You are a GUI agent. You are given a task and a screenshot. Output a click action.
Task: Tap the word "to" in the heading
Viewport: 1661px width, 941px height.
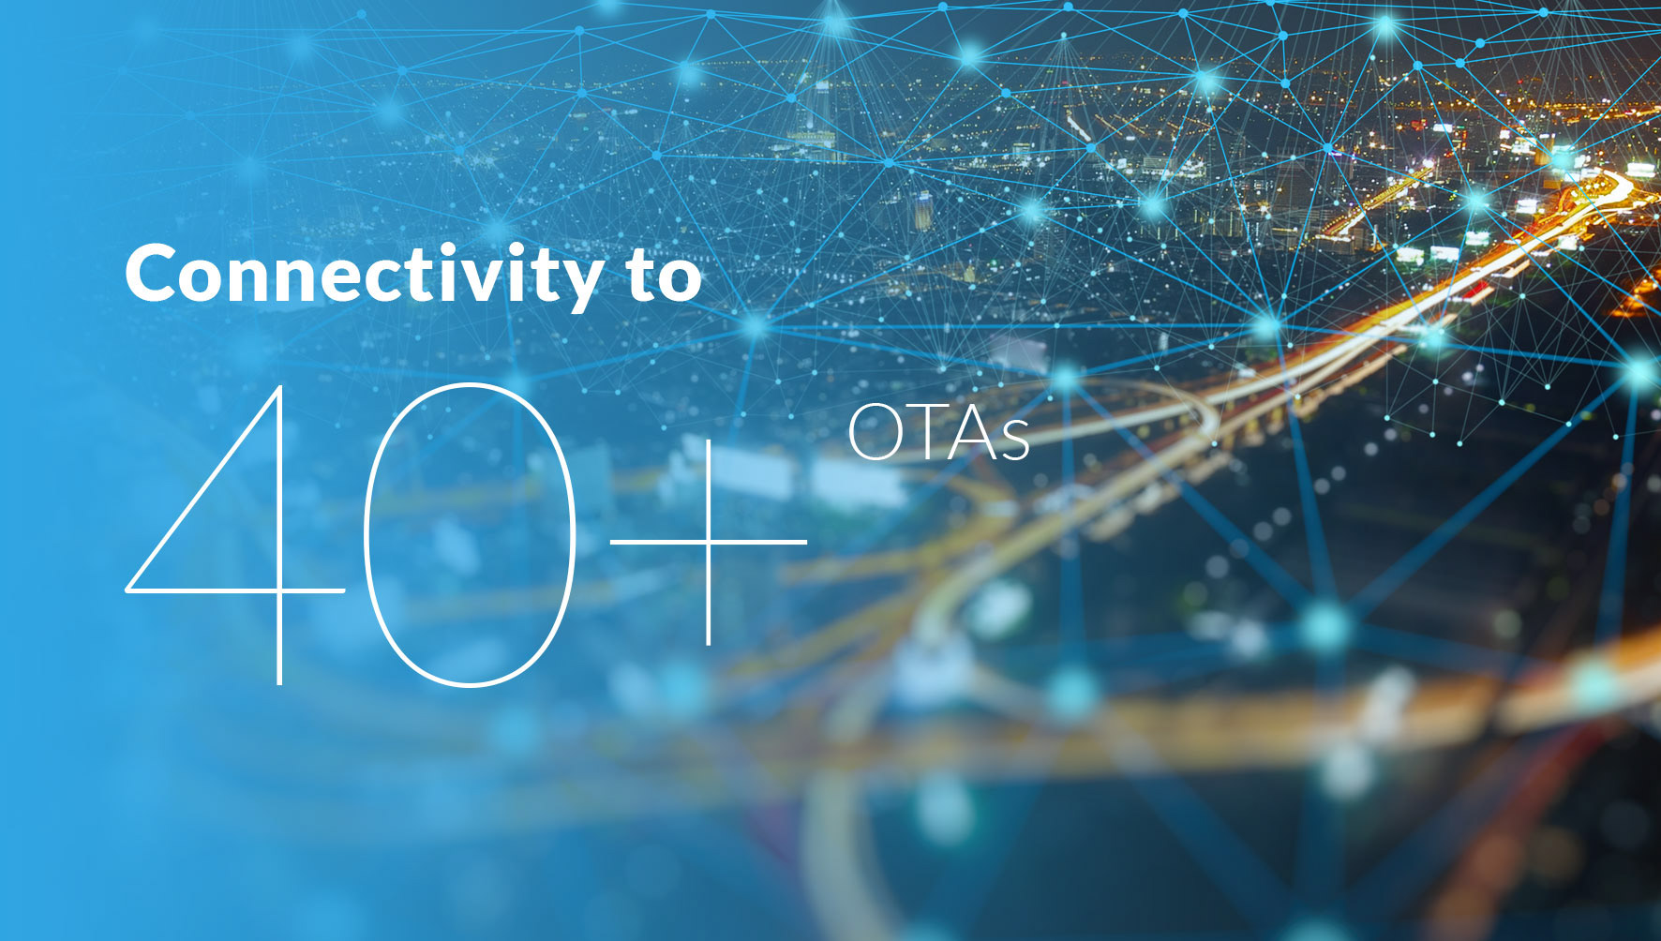click(x=666, y=276)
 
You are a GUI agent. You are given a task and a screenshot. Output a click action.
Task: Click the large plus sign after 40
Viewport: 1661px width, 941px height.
click(x=708, y=542)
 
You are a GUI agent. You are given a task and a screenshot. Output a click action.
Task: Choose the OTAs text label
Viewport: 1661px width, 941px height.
click(x=938, y=433)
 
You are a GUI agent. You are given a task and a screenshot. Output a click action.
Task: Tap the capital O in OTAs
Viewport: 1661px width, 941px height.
click(x=875, y=433)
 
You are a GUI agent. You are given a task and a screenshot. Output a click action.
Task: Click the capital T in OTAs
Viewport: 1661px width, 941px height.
click(x=927, y=433)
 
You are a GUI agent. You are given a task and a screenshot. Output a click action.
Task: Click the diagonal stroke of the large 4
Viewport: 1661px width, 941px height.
click(x=202, y=488)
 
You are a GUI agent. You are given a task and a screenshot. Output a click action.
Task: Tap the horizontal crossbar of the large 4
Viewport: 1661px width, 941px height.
click(x=235, y=591)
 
